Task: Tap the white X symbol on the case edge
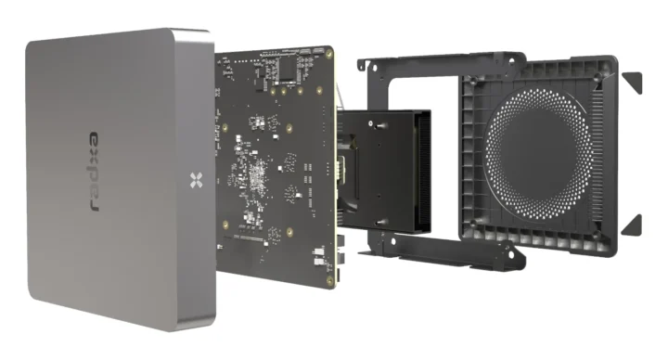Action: tap(194, 179)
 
